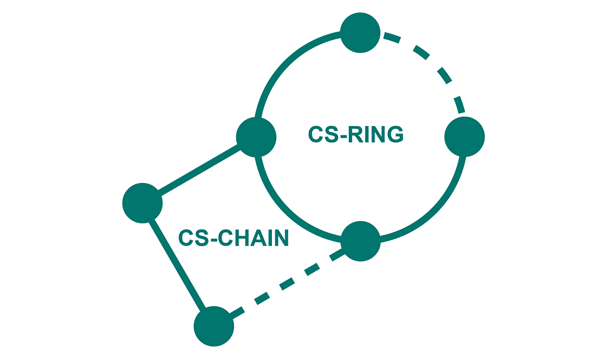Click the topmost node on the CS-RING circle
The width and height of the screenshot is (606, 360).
360,33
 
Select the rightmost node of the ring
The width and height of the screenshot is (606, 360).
465,137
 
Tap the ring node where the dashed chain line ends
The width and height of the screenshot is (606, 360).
360,241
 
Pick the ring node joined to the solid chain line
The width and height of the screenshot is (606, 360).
256,137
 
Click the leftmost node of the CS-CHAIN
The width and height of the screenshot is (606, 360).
142,203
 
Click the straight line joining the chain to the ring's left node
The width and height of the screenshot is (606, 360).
199,170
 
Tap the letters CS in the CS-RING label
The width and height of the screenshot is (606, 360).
321,135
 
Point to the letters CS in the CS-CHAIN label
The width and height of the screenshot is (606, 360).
191,239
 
